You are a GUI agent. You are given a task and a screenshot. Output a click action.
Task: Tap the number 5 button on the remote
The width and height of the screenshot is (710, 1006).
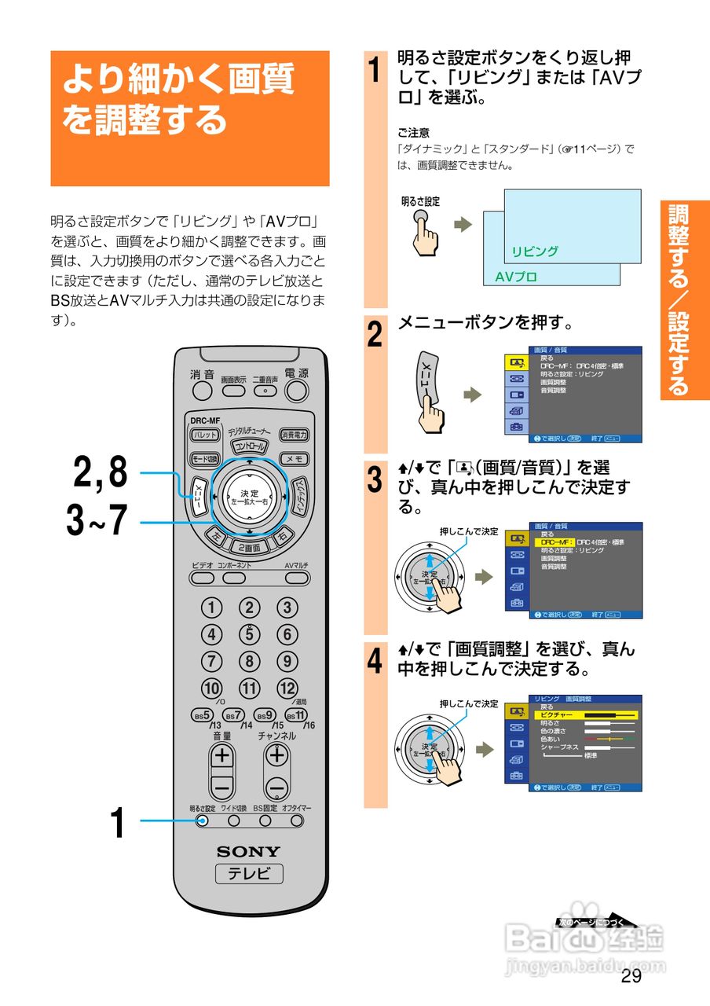coord(250,633)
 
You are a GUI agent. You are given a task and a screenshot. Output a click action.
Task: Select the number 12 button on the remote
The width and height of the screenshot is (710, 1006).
coord(287,688)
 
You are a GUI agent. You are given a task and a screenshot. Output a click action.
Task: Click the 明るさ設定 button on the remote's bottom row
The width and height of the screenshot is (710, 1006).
coord(203,821)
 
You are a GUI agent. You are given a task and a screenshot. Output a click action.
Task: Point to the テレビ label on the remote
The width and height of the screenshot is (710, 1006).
coord(248,874)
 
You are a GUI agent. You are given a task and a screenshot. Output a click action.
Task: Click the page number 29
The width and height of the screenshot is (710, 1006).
coord(631,977)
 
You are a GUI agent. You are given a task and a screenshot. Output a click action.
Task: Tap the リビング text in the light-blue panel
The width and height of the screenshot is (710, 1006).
coord(535,251)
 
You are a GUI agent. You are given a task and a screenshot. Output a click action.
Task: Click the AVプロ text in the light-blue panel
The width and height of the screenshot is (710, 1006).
coord(516,277)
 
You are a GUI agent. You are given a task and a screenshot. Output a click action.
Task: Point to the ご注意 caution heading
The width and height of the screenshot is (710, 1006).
coord(413,133)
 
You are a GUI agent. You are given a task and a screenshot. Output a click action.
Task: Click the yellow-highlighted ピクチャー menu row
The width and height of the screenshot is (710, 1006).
coord(585,715)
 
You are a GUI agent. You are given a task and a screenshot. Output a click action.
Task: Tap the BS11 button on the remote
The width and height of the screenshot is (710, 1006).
coord(296,715)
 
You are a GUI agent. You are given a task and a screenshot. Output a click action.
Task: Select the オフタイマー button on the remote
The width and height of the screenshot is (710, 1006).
coord(297,821)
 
